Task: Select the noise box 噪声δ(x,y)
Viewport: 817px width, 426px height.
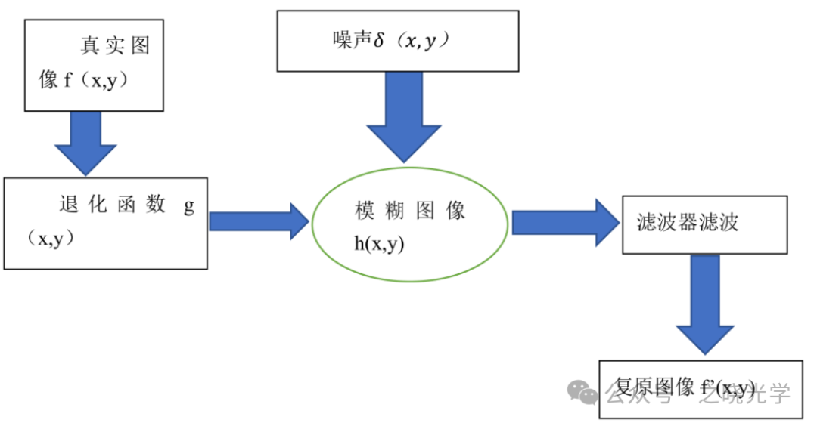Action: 397,41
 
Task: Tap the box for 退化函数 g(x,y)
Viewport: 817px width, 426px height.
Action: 105,223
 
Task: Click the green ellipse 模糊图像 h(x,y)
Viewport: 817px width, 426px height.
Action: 411,224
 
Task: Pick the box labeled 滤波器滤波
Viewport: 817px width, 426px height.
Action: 704,224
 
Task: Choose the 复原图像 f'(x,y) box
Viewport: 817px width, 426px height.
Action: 701,389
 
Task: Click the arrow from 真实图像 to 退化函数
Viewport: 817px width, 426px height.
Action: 85,143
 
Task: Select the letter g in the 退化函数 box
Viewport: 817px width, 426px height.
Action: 189,206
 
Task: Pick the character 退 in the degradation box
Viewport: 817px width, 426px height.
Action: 69,205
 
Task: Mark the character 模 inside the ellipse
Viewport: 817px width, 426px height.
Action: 365,211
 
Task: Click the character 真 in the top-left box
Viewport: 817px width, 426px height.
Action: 90,45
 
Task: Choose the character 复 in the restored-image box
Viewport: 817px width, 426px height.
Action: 625,388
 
